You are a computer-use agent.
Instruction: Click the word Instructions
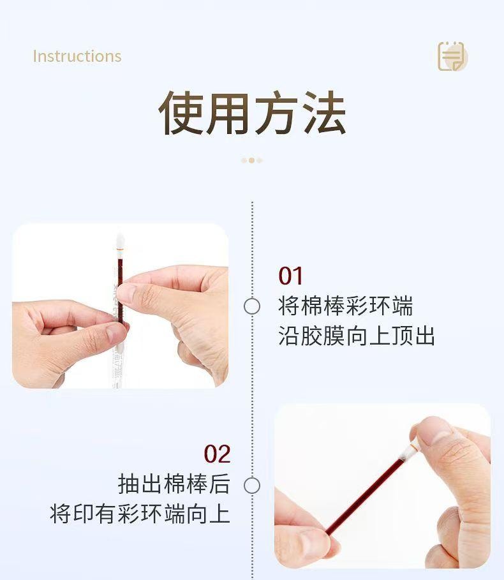[x=77, y=56]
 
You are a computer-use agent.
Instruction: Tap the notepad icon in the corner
[x=452, y=56]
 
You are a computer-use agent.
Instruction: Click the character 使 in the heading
[x=181, y=114]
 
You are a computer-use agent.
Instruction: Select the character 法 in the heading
[x=323, y=114]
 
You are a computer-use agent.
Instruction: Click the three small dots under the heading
[x=251, y=160]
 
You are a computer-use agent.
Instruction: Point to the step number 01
[x=291, y=276]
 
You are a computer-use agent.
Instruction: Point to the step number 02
[x=217, y=454]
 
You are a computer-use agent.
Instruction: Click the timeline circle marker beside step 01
[x=252, y=306]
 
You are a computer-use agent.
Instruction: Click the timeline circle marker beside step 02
[x=252, y=486]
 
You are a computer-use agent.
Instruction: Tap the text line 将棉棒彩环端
[x=345, y=306]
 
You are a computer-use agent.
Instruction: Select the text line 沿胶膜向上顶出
[x=357, y=336]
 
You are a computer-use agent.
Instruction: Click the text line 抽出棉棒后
[x=174, y=484]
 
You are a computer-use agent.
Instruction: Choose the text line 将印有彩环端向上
[x=140, y=514]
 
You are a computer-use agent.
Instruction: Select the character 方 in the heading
[x=276, y=114]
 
